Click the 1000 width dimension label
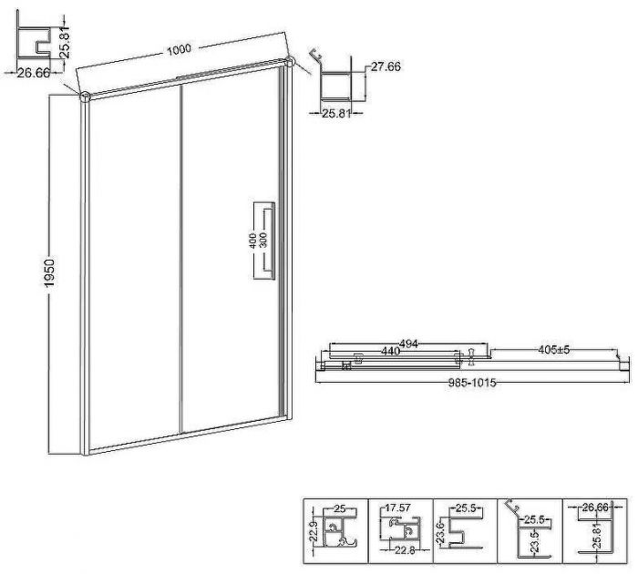click(x=179, y=49)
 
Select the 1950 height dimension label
click(x=49, y=273)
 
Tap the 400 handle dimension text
click(x=252, y=241)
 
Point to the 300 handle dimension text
click(x=262, y=241)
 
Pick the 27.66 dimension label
click(x=386, y=67)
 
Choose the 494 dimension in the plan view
click(x=408, y=344)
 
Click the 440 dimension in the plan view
click(x=390, y=351)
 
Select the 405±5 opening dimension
click(x=553, y=350)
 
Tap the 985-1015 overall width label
click(x=472, y=383)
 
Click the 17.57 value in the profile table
click(x=397, y=508)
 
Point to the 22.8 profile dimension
click(x=405, y=550)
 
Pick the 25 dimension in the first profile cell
click(x=339, y=508)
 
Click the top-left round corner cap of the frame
click(x=85, y=97)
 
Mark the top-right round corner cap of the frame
click(x=289, y=61)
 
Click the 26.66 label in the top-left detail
click(x=34, y=73)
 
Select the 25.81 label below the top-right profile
click(x=336, y=114)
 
